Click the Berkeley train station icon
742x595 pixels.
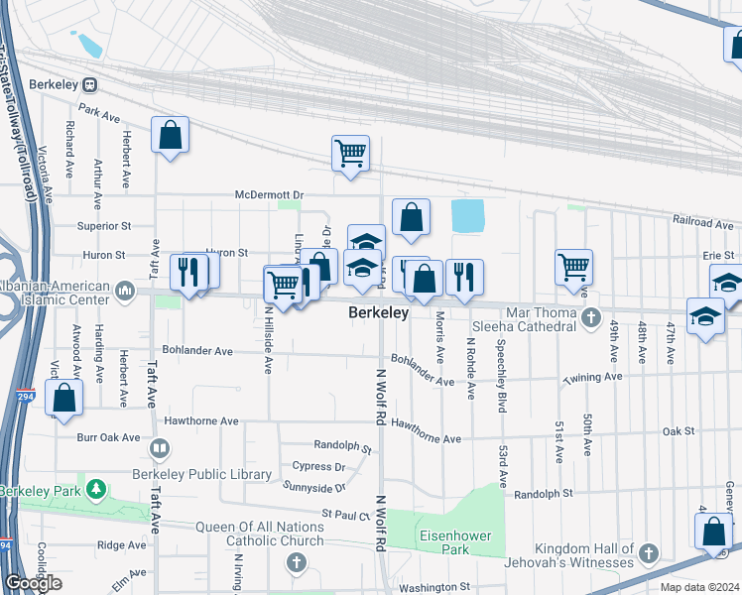coord(90,85)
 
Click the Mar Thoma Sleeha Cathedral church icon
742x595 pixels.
coord(592,318)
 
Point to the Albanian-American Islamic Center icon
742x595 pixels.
coord(125,291)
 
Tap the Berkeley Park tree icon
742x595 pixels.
coord(96,490)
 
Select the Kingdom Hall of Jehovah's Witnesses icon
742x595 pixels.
coord(649,553)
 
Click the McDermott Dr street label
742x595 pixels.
coord(269,194)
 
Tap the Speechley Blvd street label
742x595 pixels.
coord(502,371)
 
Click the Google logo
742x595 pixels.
coord(34,583)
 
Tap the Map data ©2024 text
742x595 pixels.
coord(700,587)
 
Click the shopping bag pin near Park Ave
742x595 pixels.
coord(171,135)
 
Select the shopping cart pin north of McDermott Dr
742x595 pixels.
coord(350,154)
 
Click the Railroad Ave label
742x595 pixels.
coord(701,221)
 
